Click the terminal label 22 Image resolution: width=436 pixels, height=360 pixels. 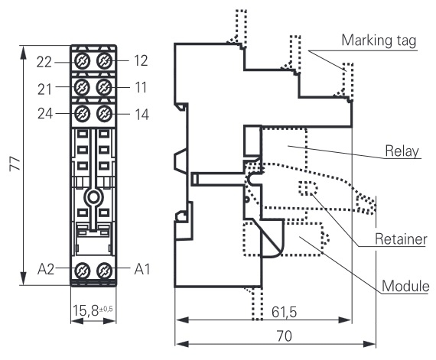(x=44, y=62)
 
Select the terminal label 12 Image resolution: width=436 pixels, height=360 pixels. (x=141, y=60)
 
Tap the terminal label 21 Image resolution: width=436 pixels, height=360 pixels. (x=44, y=89)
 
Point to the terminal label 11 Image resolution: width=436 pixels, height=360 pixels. (x=141, y=87)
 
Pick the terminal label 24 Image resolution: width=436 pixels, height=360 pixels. (x=45, y=113)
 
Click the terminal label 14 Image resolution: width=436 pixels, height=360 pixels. (x=142, y=114)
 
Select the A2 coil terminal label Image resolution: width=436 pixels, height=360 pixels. (x=46, y=269)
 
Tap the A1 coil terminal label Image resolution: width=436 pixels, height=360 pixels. (x=142, y=269)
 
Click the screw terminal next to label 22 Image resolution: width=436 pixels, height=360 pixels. (x=83, y=61)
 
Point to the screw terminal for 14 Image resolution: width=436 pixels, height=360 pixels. (x=104, y=113)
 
